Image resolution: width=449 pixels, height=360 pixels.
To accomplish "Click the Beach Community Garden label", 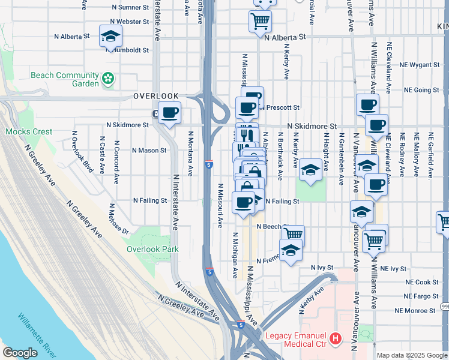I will [65, 79].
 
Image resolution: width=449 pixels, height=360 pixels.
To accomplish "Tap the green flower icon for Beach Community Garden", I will [109, 79].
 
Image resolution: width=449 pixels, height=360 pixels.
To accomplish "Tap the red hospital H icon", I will [336, 339].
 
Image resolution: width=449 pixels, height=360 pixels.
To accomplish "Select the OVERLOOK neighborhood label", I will [156, 96].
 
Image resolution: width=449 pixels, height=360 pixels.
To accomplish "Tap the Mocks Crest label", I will [29, 131].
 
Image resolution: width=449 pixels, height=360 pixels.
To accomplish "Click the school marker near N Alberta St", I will [111, 38].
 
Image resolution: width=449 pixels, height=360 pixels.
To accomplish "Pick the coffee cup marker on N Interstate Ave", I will [170, 113].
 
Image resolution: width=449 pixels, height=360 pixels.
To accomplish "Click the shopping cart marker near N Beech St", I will [293, 235].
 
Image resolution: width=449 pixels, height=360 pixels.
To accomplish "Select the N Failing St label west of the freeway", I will [149, 200].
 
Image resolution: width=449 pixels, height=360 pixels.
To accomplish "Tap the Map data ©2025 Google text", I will [412, 355].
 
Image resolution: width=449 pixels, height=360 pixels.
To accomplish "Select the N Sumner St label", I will [130, 8].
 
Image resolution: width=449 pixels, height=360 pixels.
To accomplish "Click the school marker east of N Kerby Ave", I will [310, 169].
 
